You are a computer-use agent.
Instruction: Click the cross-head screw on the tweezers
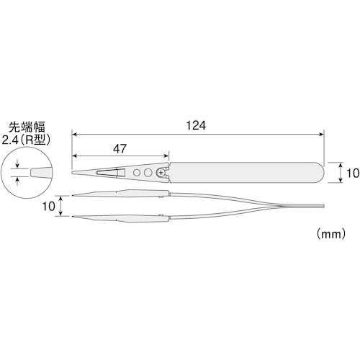point(160,174)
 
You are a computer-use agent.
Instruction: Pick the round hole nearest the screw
point(148,174)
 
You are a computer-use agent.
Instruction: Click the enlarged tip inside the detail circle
point(36,174)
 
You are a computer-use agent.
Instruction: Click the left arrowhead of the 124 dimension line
point(74,134)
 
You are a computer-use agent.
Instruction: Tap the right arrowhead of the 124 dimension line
point(320,134)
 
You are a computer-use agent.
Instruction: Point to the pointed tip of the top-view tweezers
point(73,174)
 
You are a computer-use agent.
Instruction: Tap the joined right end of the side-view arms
point(321,205)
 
